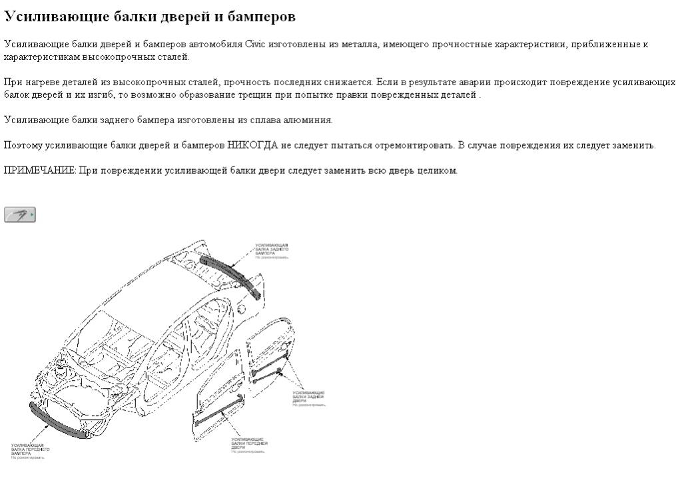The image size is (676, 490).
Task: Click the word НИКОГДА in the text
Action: coord(252,145)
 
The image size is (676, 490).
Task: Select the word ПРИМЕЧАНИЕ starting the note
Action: coord(39,170)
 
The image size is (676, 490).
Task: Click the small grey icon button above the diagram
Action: coord(19,214)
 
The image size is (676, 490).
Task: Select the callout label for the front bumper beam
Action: coord(30,449)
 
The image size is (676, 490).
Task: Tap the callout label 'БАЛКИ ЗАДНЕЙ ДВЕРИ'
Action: coord(308,397)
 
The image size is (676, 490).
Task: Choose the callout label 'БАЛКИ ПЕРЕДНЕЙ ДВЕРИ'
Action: coord(248,444)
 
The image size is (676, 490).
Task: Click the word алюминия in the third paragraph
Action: coord(313,121)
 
